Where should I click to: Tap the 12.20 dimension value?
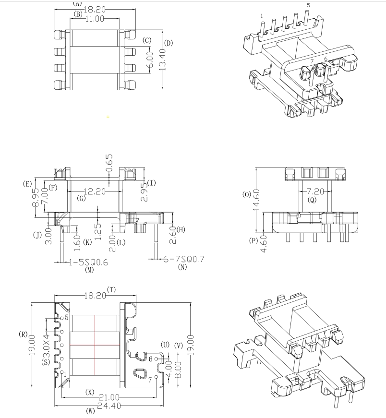point(94,191)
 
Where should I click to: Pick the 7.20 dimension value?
point(315,191)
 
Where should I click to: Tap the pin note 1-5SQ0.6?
point(89,262)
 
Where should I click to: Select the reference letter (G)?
point(81,198)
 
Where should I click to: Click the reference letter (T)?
point(112,289)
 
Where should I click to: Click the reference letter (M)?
point(89,270)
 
